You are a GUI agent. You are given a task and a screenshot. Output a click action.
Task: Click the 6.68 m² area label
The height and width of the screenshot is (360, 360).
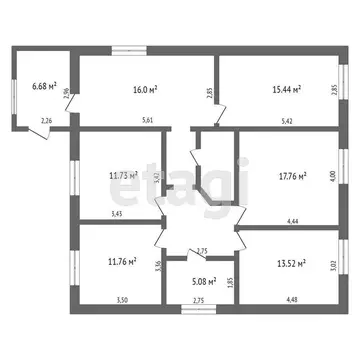click(43, 87)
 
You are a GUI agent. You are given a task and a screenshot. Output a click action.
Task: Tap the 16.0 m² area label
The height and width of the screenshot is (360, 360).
click(143, 87)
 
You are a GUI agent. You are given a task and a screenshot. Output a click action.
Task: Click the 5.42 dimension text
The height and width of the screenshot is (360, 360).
click(288, 123)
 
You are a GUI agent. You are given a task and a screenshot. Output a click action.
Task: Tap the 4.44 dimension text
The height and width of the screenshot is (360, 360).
click(293, 220)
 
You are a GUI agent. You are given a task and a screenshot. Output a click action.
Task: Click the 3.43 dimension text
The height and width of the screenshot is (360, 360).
click(117, 213)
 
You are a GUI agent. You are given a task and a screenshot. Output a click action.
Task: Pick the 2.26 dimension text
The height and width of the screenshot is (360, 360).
click(45, 122)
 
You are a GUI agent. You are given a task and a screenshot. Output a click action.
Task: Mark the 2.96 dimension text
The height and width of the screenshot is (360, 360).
click(66, 93)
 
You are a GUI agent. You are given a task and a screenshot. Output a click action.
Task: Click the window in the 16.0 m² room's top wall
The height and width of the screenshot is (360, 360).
click(127, 49)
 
